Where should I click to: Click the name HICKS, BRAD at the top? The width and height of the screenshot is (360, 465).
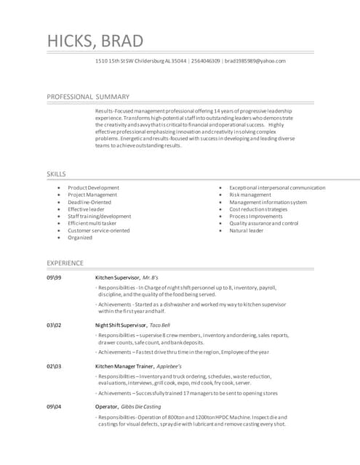tap(95, 41)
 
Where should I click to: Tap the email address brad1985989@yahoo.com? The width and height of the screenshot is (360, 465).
tap(255, 61)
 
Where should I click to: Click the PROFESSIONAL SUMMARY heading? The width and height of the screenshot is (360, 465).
tap(88, 97)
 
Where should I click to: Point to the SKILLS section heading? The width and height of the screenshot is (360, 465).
tap(57, 174)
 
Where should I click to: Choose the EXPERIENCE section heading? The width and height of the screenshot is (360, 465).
tap(65, 263)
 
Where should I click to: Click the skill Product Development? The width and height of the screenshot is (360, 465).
tap(93, 187)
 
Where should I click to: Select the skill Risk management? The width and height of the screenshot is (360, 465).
tap(250, 195)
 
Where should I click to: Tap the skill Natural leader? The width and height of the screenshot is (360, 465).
tap(247, 230)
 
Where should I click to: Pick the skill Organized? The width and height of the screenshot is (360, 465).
tap(80, 238)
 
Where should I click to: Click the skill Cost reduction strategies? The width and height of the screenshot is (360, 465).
tap(258, 209)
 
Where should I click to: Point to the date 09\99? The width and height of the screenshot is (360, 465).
tap(54, 278)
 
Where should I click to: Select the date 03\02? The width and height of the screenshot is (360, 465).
tap(54, 325)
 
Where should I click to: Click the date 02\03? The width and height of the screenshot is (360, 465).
tap(54, 366)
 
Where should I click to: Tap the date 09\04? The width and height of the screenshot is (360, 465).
tap(54, 407)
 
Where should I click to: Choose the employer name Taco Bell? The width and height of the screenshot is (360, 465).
tap(160, 325)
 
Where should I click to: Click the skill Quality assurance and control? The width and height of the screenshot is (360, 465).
tap(263, 223)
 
